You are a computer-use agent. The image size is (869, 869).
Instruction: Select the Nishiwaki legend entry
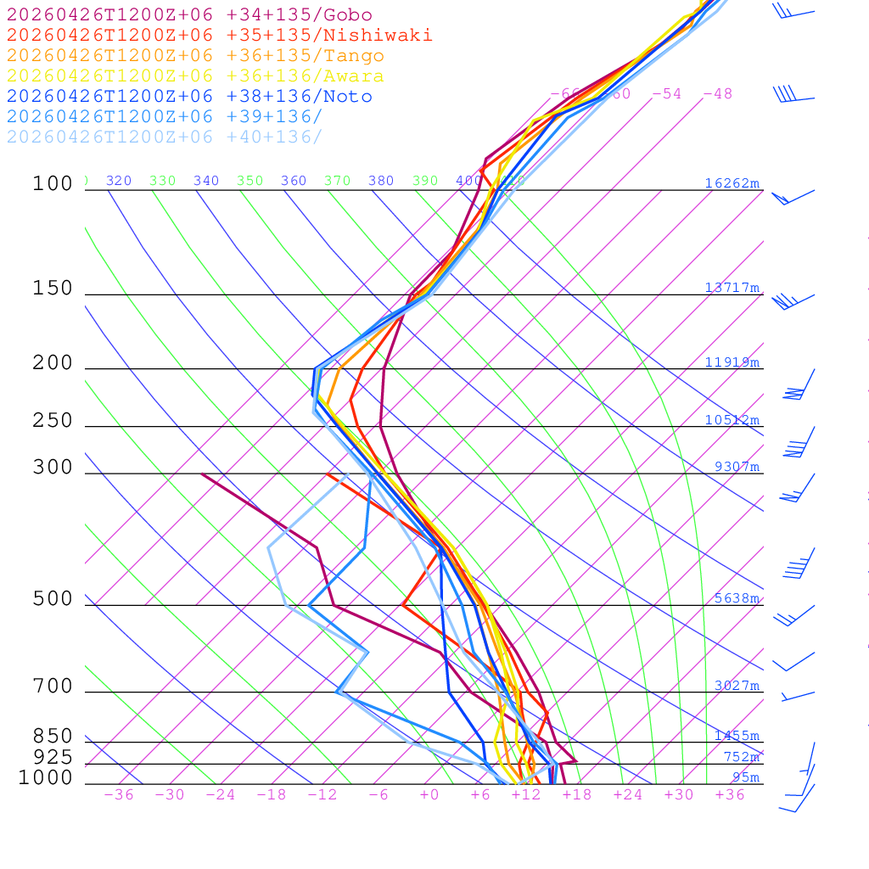click(219, 36)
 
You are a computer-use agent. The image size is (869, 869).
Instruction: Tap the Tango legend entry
click(195, 56)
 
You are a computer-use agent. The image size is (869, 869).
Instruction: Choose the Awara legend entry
click(195, 76)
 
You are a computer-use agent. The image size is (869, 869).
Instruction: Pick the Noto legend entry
click(189, 97)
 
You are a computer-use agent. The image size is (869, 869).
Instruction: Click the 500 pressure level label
click(53, 599)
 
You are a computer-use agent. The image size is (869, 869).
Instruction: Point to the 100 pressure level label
click(53, 184)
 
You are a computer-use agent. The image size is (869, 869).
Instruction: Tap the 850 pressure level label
click(53, 737)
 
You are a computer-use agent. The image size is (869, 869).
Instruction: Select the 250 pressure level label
click(53, 421)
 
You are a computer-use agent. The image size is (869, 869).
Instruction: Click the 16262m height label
click(732, 183)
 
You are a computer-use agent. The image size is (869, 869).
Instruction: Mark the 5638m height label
click(736, 598)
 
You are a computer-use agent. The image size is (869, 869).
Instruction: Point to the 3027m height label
click(736, 686)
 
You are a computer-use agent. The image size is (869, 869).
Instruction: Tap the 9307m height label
click(736, 467)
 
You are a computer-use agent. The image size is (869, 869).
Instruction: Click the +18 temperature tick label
click(576, 794)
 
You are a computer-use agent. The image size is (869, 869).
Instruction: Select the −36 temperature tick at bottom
click(118, 794)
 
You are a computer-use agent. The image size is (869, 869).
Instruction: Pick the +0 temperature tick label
click(429, 794)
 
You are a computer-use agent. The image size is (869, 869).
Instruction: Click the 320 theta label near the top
click(119, 181)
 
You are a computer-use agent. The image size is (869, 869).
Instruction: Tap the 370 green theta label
click(337, 181)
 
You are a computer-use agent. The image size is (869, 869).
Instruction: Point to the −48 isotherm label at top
click(717, 93)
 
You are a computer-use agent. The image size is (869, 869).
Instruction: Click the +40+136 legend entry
click(165, 137)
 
